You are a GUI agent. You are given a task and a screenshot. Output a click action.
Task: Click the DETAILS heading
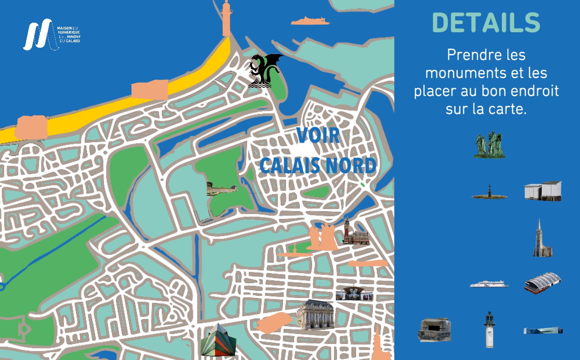pos(486,23)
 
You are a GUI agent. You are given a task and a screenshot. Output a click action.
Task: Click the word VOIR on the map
pos(318,135)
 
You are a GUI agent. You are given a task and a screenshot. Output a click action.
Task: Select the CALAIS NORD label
pos(318,165)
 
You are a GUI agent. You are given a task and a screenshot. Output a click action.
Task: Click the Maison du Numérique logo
pos(51,34)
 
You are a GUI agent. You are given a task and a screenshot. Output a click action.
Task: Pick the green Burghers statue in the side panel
pos(489,145)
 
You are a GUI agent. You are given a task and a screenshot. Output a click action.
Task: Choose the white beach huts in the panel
pos(543,191)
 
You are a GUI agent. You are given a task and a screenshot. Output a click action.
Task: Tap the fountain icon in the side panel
pos(489,193)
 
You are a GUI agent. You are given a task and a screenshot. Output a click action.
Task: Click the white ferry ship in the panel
pos(489,284)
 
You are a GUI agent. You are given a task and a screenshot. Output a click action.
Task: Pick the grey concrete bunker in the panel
pos(434,329)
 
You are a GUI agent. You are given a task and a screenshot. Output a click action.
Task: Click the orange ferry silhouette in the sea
pos(310,21)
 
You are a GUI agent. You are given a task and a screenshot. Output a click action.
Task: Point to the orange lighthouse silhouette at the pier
pos(226,18)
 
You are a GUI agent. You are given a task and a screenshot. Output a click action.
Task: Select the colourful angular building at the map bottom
pos(218,340)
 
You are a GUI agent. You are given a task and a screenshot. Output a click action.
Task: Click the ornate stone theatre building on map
pos(315,315)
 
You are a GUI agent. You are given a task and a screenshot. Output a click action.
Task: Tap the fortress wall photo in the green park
pos(222,189)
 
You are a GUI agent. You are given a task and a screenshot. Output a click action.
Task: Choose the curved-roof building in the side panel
pos(543,283)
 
